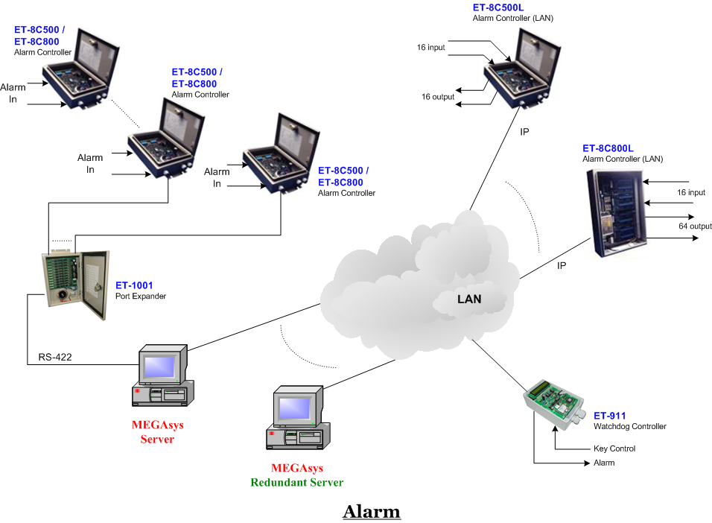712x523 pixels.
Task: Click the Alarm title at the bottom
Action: (x=371, y=512)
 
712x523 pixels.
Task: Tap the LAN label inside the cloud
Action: (x=469, y=299)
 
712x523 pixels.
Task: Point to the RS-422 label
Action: (x=54, y=358)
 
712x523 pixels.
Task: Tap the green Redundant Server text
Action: (x=297, y=482)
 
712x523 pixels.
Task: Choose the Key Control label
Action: (x=614, y=448)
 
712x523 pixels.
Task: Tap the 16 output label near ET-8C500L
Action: (x=437, y=97)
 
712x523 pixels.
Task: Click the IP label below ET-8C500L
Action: (x=524, y=131)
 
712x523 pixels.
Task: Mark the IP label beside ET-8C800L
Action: (x=562, y=265)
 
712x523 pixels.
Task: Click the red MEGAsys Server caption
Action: (x=157, y=432)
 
